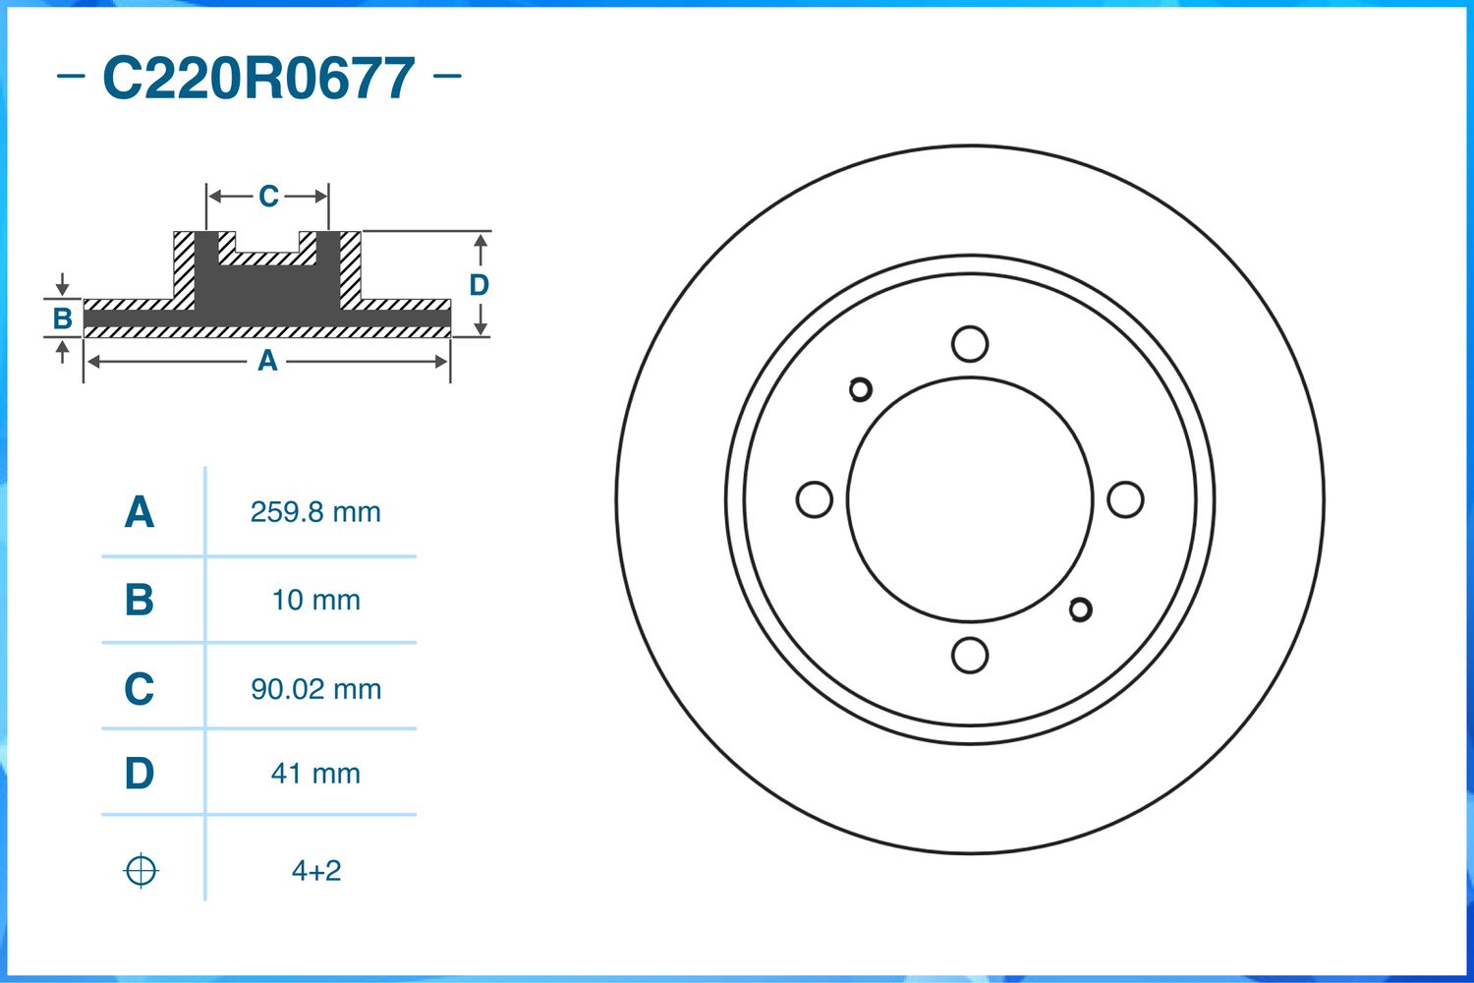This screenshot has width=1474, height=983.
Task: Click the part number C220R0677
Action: (x=258, y=79)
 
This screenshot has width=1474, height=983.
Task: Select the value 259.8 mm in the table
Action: (x=315, y=512)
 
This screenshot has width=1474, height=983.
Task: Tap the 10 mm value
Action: (x=315, y=600)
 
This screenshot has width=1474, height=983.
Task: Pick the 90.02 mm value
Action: (x=315, y=688)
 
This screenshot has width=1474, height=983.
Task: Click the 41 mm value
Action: (x=315, y=774)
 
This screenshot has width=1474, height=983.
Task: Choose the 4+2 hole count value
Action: (x=315, y=871)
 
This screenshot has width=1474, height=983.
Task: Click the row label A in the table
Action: (x=139, y=512)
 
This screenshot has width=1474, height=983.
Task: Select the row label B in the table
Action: (x=139, y=600)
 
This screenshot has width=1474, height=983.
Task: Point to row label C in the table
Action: (x=139, y=688)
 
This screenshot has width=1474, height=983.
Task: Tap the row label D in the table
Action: (x=139, y=774)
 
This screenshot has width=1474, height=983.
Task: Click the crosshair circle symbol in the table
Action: (x=141, y=871)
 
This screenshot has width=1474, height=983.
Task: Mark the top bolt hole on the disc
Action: (x=970, y=344)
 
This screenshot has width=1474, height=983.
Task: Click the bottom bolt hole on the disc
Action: (x=970, y=655)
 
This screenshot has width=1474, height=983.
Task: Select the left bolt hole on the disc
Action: (x=814, y=499)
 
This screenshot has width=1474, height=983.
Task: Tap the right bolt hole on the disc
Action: (x=1125, y=499)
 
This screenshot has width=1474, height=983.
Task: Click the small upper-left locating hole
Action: (x=861, y=390)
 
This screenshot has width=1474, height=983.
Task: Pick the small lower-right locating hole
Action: (x=1080, y=609)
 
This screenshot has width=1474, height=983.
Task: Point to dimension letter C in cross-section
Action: (x=268, y=197)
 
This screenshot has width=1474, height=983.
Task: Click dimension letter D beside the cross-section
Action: (x=479, y=285)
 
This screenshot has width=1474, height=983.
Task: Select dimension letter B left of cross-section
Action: (x=62, y=318)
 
